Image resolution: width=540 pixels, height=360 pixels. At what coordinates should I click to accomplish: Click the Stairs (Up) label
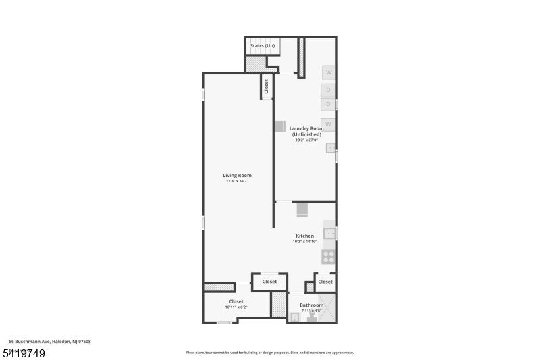[x=263, y=45]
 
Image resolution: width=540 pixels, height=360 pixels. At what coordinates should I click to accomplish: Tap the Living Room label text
[x=237, y=175]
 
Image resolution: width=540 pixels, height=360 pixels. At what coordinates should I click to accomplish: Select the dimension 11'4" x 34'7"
[x=237, y=181]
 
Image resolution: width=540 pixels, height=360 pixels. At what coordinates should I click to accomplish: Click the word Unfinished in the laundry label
[x=307, y=134]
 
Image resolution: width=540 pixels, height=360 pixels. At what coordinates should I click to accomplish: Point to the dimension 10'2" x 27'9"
[x=306, y=140]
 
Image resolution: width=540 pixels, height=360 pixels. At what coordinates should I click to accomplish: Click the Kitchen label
[x=304, y=236]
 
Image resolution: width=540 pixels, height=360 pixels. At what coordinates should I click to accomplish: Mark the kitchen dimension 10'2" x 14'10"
[x=304, y=241]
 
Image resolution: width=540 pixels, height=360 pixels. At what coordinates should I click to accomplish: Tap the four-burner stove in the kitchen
[x=329, y=256]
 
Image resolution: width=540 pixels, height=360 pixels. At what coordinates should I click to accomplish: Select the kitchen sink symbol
[x=329, y=233]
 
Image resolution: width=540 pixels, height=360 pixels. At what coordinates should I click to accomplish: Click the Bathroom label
[x=312, y=305]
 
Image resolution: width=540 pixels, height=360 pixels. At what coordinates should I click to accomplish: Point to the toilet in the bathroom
[x=312, y=317]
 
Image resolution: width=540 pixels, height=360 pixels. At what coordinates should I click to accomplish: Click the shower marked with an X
[x=327, y=307]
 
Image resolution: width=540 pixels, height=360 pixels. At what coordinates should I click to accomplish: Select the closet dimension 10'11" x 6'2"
[x=236, y=307]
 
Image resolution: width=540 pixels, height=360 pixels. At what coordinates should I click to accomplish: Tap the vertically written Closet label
[x=267, y=86]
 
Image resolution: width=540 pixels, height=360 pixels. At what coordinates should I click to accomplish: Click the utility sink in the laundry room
[x=331, y=149]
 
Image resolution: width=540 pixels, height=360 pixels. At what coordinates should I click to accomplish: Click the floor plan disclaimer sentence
[x=269, y=352]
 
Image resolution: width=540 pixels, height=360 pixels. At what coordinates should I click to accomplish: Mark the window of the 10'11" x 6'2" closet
[x=224, y=323]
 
